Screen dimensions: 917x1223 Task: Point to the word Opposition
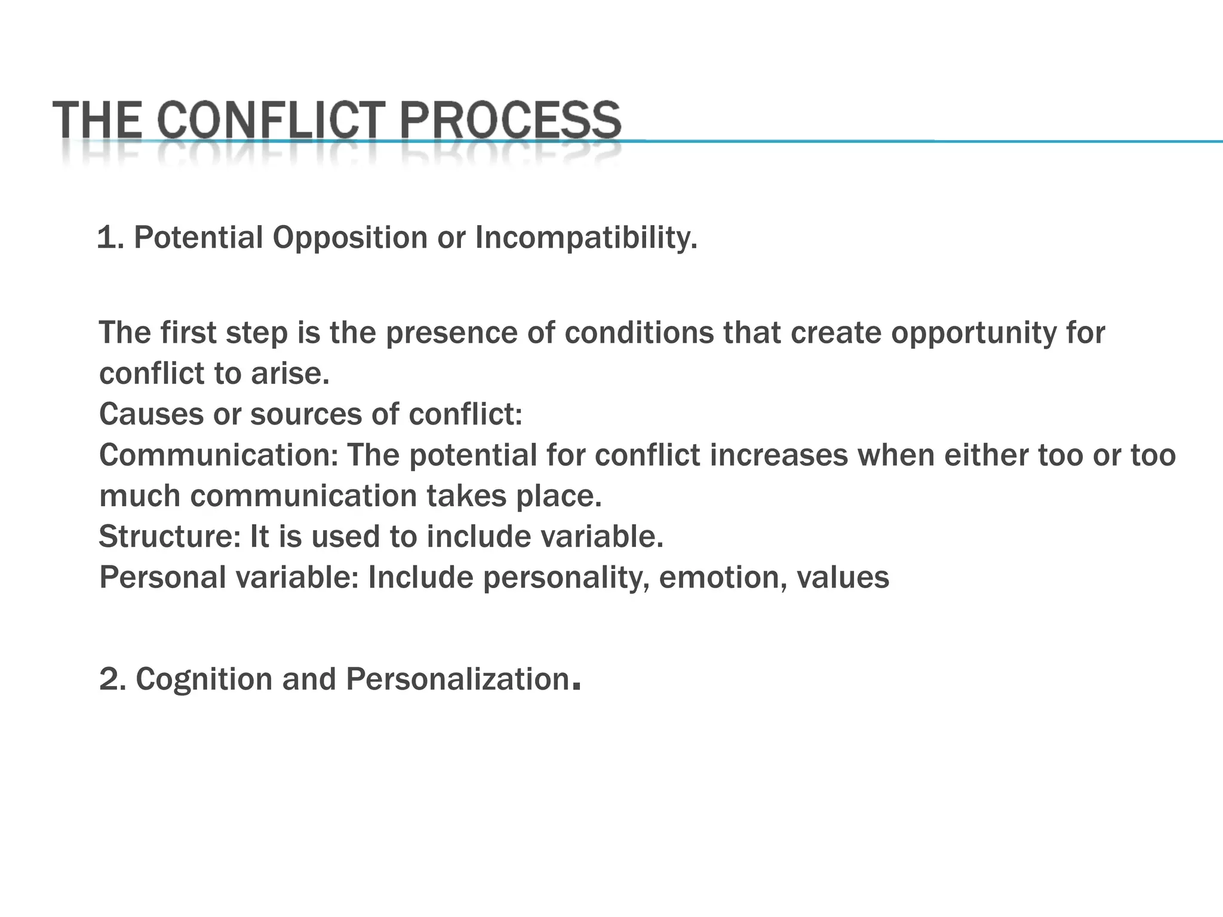coord(350,238)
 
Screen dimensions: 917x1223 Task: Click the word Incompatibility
coord(586,238)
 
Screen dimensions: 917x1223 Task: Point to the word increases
coord(779,456)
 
